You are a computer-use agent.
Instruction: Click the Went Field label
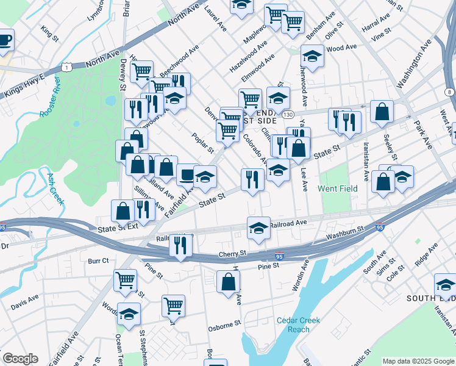coord(337,189)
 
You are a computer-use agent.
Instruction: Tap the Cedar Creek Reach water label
coord(297,325)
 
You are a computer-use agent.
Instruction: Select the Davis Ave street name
coord(24,300)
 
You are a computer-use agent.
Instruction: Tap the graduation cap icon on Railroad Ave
coord(258,228)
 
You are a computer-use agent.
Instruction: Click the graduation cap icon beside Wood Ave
coord(312,56)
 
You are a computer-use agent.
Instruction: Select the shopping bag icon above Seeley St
coord(382,112)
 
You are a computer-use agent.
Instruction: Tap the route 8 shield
coord(449,91)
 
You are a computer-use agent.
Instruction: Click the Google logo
coord(20,359)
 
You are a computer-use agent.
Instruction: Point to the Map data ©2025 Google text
coord(418,361)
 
